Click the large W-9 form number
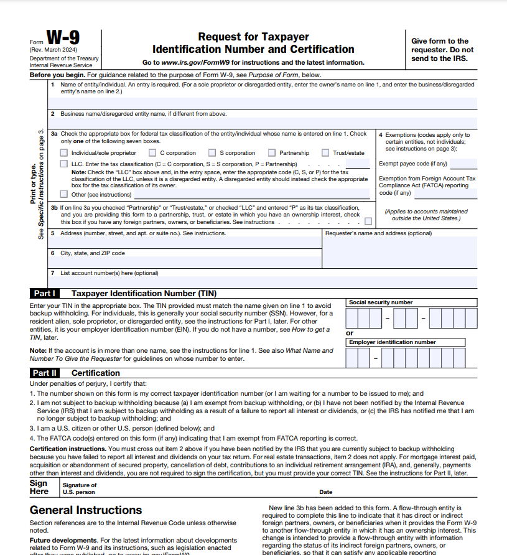[63, 40]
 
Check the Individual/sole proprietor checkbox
[63, 153]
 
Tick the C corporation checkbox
[152, 153]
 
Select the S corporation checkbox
[212, 153]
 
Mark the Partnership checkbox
[272, 153]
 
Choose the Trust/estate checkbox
[325, 153]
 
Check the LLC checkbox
[63, 164]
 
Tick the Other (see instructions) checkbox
[63, 194]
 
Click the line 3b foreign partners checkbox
[369, 222]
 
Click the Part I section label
[45, 293]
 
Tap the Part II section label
[45, 373]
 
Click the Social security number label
[381, 302]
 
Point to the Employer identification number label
[392, 342]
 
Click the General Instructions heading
[86, 510]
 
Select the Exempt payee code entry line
[463, 164]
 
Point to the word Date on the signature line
[325, 492]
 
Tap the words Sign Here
[39, 487]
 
